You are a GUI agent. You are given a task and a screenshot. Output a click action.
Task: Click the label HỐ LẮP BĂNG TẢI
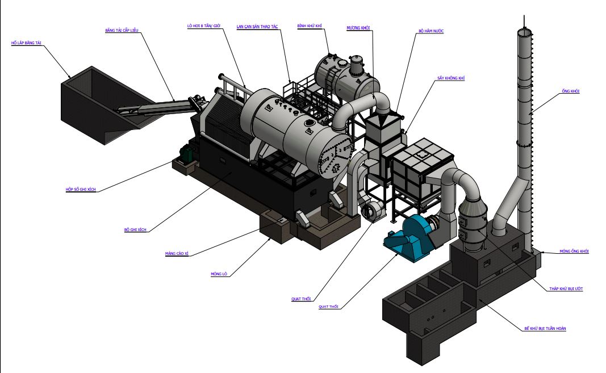click(x=27, y=43)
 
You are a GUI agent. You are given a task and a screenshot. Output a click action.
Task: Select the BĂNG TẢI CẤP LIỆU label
click(x=122, y=30)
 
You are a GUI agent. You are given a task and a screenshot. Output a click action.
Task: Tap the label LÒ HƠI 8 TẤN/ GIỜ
click(x=203, y=26)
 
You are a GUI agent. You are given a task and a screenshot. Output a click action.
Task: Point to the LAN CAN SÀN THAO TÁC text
click(x=261, y=26)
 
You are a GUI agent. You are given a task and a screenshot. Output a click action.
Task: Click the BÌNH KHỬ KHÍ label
click(x=310, y=26)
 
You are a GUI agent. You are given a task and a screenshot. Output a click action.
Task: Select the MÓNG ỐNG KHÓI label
click(x=574, y=250)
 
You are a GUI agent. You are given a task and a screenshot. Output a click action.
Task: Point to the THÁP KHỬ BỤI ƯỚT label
click(x=566, y=288)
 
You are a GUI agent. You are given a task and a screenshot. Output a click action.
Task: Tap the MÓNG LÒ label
click(x=219, y=274)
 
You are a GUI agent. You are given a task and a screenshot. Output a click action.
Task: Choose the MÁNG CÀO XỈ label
click(x=177, y=254)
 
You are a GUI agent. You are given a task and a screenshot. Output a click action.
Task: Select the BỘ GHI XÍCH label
click(x=135, y=229)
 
